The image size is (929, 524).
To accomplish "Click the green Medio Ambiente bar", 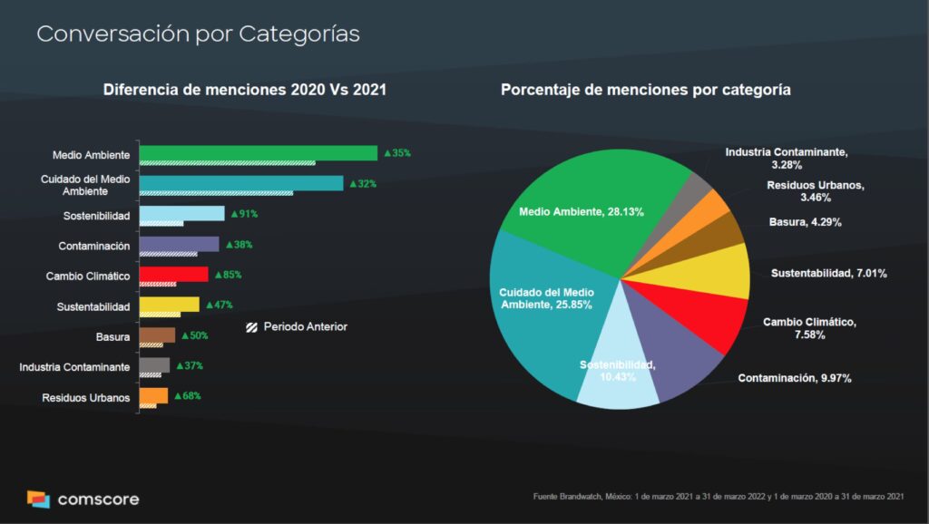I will tap(259, 152).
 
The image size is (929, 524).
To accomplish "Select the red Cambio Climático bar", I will tap(173, 275).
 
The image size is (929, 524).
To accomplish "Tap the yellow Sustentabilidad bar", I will tap(169, 305).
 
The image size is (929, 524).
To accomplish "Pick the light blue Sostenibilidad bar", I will tap(181, 214).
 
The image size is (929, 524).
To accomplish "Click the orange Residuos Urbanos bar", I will tap(153, 395).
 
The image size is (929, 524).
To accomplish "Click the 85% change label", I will tap(228, 275).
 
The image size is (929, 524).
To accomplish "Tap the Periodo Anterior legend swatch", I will tap(252, 327).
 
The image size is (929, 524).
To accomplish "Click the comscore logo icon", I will tap(38, 499).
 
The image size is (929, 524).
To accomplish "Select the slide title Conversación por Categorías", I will tap(198, 34).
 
